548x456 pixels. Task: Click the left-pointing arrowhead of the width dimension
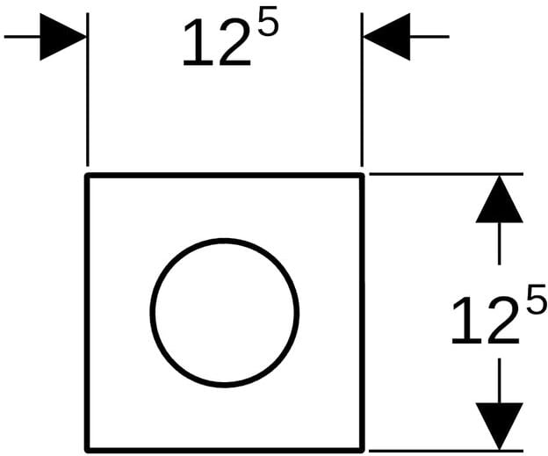click(x=386, y=37)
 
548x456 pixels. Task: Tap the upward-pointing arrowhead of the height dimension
click(x=499, y=199)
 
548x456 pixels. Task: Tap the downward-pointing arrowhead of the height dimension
click(x=499, y=426)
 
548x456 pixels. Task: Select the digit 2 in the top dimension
click(x=234, y=42)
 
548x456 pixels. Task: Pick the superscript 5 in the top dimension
click(x=268, y=21)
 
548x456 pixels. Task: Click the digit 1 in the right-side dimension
click(x=467, y=321)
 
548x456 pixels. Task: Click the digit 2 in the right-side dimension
click(x=503, y=320)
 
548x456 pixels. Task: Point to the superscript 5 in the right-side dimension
click(x=537, y=299)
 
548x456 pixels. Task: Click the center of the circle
click(x=224, y=313)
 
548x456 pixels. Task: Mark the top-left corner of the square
click(x=87, y=175)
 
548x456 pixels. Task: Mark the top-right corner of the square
click(x=362, y=175)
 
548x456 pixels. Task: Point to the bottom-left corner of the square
click(x=87, y=451)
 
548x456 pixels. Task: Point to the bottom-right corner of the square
click(x=363, y=451)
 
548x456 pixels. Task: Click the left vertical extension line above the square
click(x=88, y=90)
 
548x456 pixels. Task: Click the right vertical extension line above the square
click(x=362, y=90)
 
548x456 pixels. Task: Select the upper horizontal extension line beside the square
click(x=446, y=174)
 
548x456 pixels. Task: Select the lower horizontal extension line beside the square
click(x=446, y=451)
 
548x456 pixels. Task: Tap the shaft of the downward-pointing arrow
click(x=499, y=380)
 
